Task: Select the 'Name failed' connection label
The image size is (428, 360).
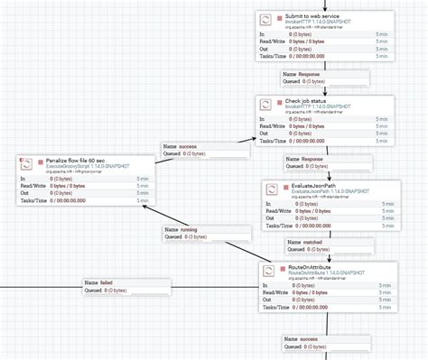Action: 99,282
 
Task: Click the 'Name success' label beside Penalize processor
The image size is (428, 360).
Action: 180,145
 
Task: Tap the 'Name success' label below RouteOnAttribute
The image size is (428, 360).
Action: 301,339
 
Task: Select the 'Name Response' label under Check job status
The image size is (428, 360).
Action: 303,158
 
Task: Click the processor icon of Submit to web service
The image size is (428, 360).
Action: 265,21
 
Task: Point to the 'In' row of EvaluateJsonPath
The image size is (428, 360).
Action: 270,204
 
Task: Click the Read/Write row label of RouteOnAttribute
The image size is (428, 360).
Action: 274,292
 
